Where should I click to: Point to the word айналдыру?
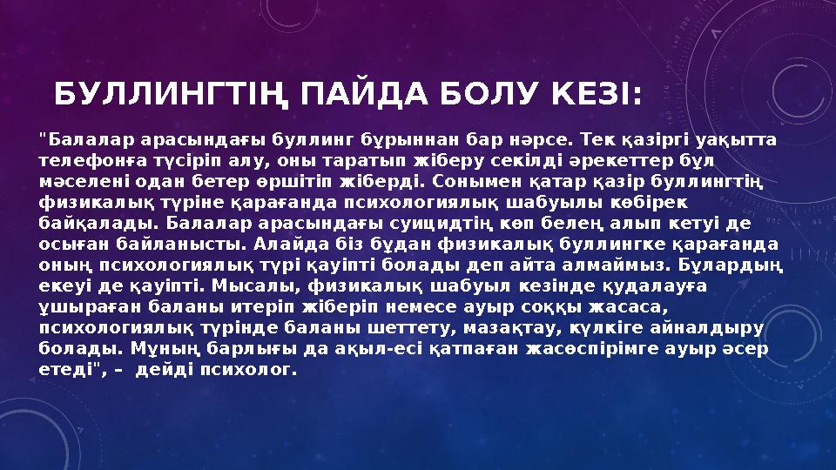pos(713,326)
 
